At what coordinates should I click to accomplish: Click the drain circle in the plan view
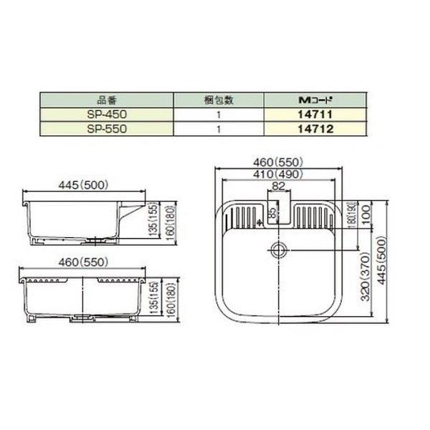point(278,250)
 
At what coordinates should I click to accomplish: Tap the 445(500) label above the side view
point(82,185)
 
